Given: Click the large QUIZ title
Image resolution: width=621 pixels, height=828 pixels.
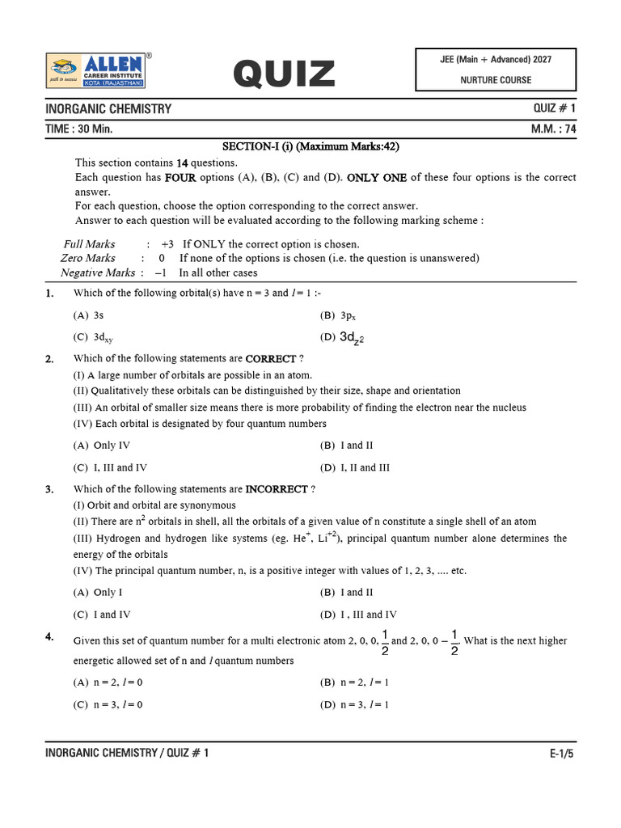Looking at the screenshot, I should [x=284, y=75].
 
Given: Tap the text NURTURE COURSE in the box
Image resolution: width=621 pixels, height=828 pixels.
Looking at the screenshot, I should [x=496, y=80].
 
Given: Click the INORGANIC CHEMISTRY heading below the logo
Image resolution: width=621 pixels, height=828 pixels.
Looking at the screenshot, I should [x=108, y=109].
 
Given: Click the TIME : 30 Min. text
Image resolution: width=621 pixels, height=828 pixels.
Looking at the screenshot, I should [x=78, y=129].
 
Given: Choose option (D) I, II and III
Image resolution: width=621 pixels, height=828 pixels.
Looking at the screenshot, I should [x=355, y=467].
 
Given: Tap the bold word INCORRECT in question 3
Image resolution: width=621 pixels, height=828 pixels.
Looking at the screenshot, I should [x=277, y=489].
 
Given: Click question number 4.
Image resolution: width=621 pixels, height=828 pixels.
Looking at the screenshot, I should [x=50, y=637].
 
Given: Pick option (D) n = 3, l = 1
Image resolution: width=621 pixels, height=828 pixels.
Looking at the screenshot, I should [x=355, y=704].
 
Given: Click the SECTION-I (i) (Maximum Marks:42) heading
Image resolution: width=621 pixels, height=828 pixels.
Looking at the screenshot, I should [x=311, y=146].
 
